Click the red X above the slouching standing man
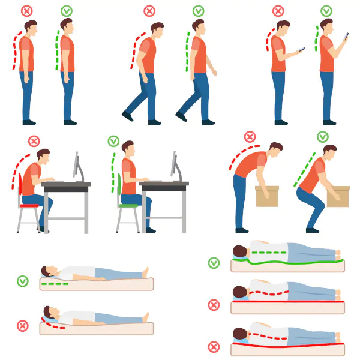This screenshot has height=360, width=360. click(x=27, y=11)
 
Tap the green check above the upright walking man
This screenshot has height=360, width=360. click(x=198, y=11)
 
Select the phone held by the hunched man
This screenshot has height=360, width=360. click(x=300, y=50)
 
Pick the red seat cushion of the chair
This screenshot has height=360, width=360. click(x=29, y=205)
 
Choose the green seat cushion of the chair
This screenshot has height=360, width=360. click(x=127, y=205)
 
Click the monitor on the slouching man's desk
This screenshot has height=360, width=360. click(x=76, y=164)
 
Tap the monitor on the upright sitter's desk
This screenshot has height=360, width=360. click(x=174, y=164)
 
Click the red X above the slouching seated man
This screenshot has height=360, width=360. click(x=34, y=141)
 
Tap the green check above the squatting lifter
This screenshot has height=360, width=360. click(x=323, y=137)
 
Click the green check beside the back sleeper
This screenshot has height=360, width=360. click(x=23, y=281)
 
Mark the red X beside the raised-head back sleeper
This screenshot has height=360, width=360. click(x=23, y=326)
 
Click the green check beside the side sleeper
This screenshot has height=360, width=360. click(x=214, y=263)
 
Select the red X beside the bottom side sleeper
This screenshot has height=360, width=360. click(x=214, y=347)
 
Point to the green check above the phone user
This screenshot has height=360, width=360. click(x=326, y=11)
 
